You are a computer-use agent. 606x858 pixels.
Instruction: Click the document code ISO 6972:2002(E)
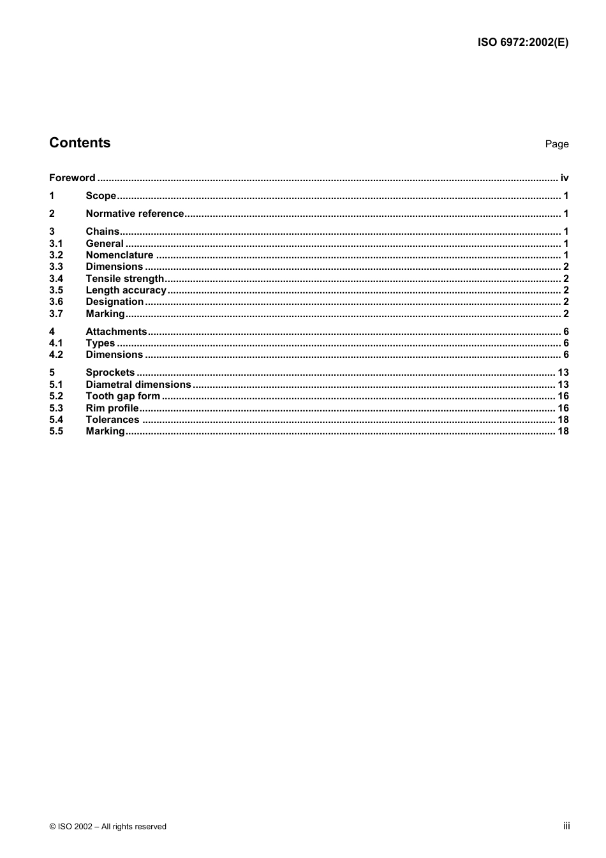point(522,43)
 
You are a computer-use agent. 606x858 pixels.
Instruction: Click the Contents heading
point(80,143)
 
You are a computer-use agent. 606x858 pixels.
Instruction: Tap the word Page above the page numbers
point(556,144)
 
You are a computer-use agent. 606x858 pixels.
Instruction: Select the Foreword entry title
point(72,178)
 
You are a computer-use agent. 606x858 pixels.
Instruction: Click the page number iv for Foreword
point(564,178)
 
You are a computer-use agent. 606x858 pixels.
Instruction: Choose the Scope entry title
point(101,196)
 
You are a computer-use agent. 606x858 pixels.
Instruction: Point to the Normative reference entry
point(135,214)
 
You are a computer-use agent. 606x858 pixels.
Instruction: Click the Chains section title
point(102,232)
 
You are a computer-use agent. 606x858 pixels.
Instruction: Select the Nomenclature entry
point(119,255)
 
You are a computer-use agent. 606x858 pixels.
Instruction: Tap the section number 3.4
point(56,279)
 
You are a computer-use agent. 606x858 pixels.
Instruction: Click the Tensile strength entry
point(124,279)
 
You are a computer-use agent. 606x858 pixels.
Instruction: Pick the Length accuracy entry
point(126,290)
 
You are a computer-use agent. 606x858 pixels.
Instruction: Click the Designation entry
point(115,302)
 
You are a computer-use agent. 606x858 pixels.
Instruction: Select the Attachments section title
point(116,332)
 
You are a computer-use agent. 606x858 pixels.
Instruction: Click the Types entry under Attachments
point(100,343)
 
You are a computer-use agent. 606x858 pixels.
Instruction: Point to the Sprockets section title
point(110,373)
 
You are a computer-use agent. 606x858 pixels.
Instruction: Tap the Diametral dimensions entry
point(138,385)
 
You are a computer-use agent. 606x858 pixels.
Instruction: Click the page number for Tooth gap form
point(563,396)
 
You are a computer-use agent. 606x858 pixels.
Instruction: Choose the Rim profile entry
point(112,408)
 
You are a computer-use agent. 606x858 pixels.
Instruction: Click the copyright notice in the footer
point(108,827)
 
